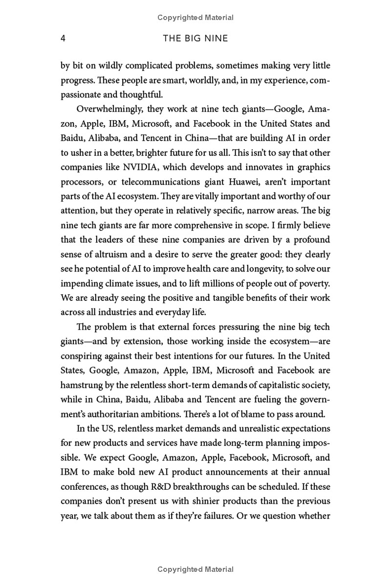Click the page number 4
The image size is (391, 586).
click(x=63, y=38)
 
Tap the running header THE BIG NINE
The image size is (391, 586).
click(x=195, y=38)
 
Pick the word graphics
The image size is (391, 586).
click(x=313, y=167)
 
